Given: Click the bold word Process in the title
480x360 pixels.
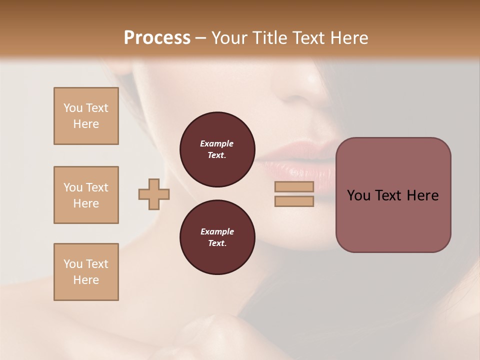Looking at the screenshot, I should (x=157, y=38).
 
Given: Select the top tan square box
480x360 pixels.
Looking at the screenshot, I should (x=86, y=116).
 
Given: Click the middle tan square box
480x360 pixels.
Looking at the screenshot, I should (x=86, y=195).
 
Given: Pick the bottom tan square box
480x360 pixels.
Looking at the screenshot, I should (x=86, y=272).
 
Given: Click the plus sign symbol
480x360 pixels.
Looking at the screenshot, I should (x=154, y=194).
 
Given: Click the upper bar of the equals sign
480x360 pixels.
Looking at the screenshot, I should (x=294, y=186).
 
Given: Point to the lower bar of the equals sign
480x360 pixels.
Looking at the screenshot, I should (x=294, y=201).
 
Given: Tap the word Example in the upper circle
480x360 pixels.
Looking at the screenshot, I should (x=217, y=143).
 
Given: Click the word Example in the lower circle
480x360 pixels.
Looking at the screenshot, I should (x=217, y=231).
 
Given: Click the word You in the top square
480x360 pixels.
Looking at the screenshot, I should (x=73, y=108).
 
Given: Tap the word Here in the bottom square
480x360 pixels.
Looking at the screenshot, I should (x=86, y=280).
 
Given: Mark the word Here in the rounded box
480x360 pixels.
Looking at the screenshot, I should (x=422, y=195).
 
